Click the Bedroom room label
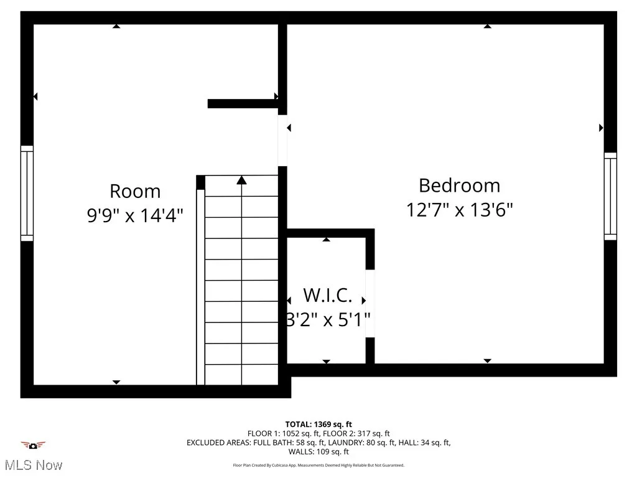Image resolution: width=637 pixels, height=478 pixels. point(459,185)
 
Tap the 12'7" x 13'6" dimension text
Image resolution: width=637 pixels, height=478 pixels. point(459,210)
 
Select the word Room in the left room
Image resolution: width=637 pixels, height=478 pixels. point(135,191)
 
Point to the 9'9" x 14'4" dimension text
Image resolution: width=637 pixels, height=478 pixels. point(135,215)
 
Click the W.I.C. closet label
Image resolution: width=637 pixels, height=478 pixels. point(327,294)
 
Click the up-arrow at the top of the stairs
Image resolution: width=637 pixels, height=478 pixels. point(241,180)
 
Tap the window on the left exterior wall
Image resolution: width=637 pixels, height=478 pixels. point(27,193)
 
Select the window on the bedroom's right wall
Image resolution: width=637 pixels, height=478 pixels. point(610,196)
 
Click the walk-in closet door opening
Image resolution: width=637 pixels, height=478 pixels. point(370,303)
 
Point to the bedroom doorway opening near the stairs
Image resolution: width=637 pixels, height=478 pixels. point(282,141)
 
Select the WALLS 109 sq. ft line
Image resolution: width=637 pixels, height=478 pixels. point(318,452)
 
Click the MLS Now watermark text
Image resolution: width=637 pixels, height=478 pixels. point(32,465)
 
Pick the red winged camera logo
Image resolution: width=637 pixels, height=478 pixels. point(33,445)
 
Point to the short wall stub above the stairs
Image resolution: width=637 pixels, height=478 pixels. point(243,104)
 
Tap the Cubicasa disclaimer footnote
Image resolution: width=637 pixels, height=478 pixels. point(318,466)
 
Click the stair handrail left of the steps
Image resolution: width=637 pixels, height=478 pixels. point(200,286)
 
